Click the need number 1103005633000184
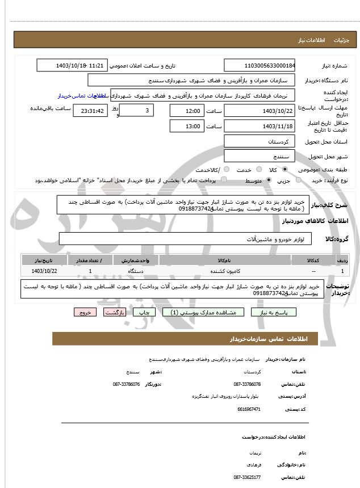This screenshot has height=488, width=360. (259, 66)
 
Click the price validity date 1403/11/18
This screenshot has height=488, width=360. (259, 126)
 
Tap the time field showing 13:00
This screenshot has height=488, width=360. (186, 126)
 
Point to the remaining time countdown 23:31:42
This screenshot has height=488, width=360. (90, 111)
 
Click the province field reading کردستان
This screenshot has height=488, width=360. (259, 141)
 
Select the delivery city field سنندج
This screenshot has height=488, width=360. (259, 155)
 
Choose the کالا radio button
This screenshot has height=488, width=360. (284, 170)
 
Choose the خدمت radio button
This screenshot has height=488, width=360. (259, 170)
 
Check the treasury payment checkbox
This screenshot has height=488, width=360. (223, 180)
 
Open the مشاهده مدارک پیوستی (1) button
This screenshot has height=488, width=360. (203, 312)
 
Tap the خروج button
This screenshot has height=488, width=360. (85, 312)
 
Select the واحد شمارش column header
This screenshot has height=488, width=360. (136, 260)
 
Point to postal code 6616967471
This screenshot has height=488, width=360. (249, 409)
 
